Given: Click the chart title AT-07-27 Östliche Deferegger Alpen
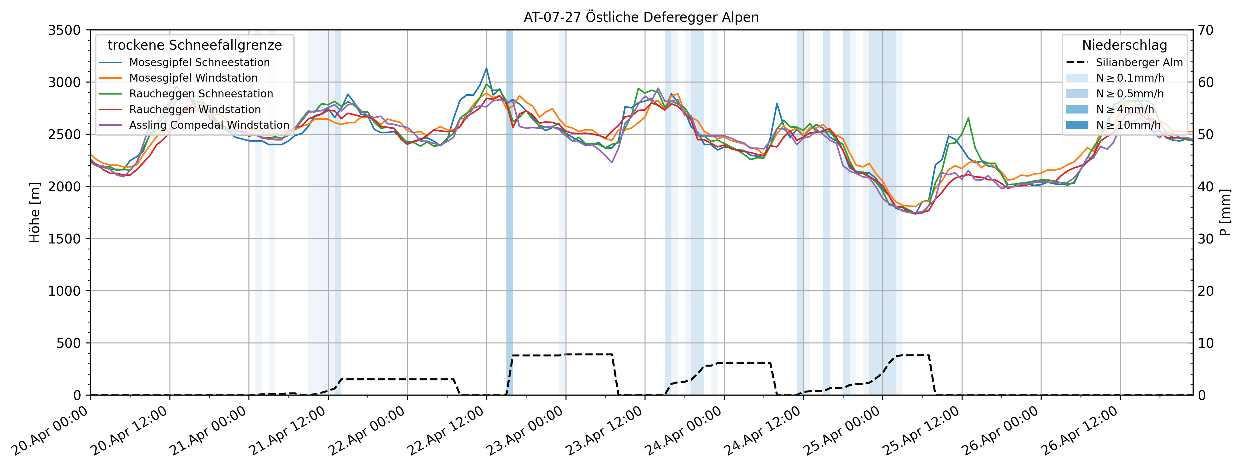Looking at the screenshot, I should pyautogui.click(x=641, y=17).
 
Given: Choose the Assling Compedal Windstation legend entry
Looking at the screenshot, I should pyautogui.click(x=209, y=125).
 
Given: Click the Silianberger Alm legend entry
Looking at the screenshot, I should pyautogui.click(x=1139, y=62).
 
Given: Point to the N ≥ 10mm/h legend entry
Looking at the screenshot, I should pyautogui.click(x=1128, y=125).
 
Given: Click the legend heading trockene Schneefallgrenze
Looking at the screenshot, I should pyautogui.click(x=195, y=45).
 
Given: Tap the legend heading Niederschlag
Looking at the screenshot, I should pyautogui.click(x=1124, y=45).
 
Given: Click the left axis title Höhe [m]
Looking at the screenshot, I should pyautogui.click(x=35, y=212).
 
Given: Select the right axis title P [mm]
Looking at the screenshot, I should pyautogui.click(x=1225, y=212).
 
